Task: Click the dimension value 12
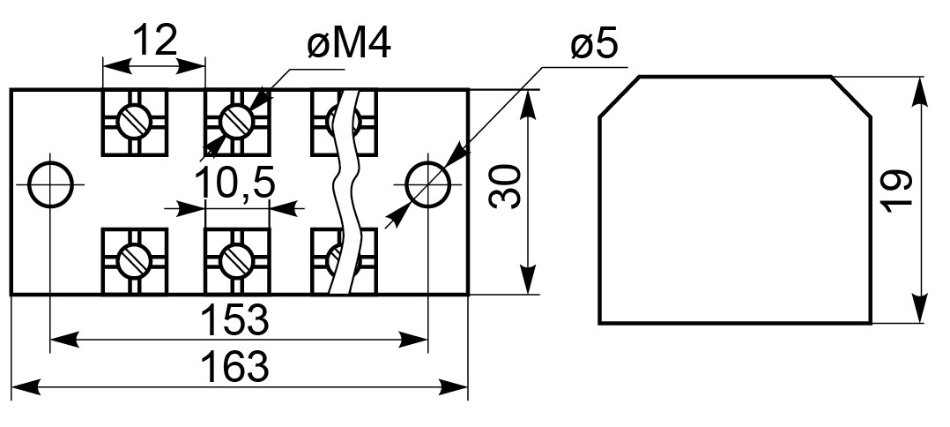pos(154,40)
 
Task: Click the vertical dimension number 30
pos(505,185)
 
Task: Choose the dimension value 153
pos(234,319)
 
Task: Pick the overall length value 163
pos(234,367)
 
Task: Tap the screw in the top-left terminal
pos(133,122)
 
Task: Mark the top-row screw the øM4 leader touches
pos(236,122)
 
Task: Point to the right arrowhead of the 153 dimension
pos(414,340)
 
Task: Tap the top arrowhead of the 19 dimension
pos(920,91)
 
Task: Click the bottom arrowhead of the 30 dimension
pos(530,281)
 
